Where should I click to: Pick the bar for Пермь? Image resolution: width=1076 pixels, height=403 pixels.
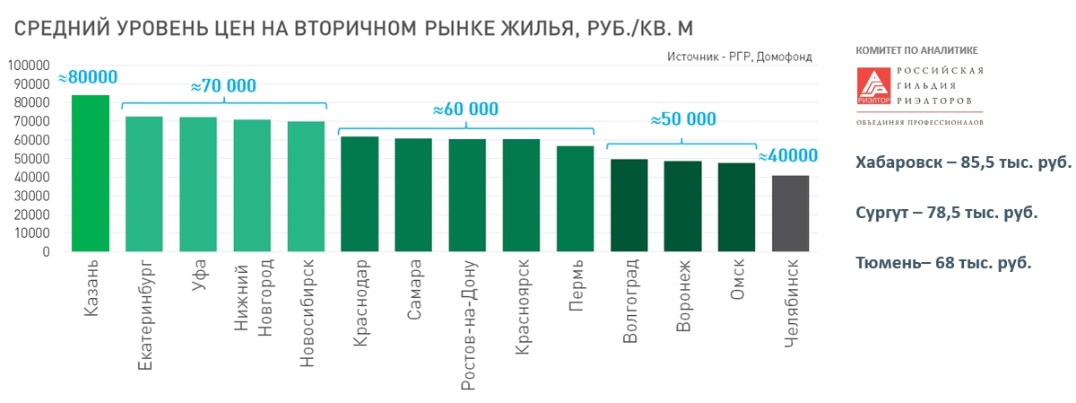(x=575, y=198)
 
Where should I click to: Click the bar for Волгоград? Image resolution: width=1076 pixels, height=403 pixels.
(x=629, y=206)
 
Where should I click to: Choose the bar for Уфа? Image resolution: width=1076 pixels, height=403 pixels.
(x=198, y=184)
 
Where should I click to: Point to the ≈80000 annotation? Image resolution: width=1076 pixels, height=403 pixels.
(x=87, y=77)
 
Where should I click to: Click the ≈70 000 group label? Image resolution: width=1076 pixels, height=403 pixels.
(x=223, y=86)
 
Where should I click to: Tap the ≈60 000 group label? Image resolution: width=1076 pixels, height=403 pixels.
(x=465, y=110)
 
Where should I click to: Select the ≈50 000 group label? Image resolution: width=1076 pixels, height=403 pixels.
(x=683, y=119)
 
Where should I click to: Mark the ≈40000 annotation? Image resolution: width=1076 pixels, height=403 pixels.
(x=788, y=156)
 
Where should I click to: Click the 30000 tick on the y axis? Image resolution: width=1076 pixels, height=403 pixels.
(x=30, y=196)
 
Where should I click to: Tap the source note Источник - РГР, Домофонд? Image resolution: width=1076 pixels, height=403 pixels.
(x=739, y=57)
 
